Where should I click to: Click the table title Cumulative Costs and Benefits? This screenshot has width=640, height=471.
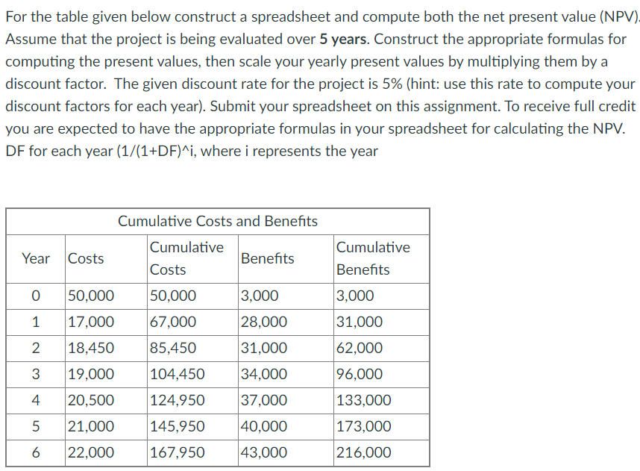pos(218,221)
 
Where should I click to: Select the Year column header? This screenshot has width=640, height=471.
pos(36,258)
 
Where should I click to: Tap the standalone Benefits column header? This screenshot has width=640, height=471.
pos(267,258)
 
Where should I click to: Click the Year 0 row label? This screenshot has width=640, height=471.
pos(36,296)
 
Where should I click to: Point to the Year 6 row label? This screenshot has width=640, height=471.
pos(36,452)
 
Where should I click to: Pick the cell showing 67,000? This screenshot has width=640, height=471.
pos(174,322)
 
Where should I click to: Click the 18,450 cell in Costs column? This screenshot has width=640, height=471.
pos(91,348)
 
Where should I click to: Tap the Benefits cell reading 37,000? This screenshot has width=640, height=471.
pos(263,400)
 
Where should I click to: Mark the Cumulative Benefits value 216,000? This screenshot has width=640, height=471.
pos(363,452)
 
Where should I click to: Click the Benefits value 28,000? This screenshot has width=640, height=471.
pos(263,322)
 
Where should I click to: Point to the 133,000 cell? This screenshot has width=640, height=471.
pos(363,400)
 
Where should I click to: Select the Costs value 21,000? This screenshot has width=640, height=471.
pos(91,426)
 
